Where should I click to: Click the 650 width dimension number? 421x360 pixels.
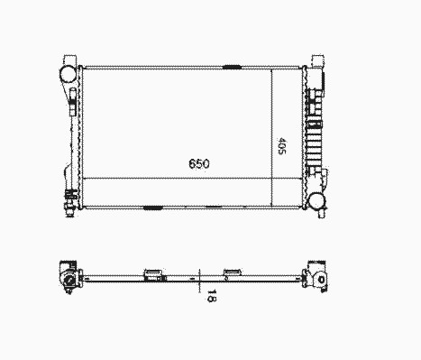(199, 164)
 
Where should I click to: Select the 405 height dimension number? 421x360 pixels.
(282, 146)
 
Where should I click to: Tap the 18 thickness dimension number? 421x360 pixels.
(212, 296)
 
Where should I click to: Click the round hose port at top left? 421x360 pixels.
(68, 74)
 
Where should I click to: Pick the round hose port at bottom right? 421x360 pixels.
(316, 200)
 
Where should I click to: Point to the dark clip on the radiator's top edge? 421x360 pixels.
(232, 67)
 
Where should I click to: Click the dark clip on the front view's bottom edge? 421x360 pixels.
(153, 208)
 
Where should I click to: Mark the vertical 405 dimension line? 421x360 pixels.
(271, 138)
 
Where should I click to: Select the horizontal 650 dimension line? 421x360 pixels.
(192, 179)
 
